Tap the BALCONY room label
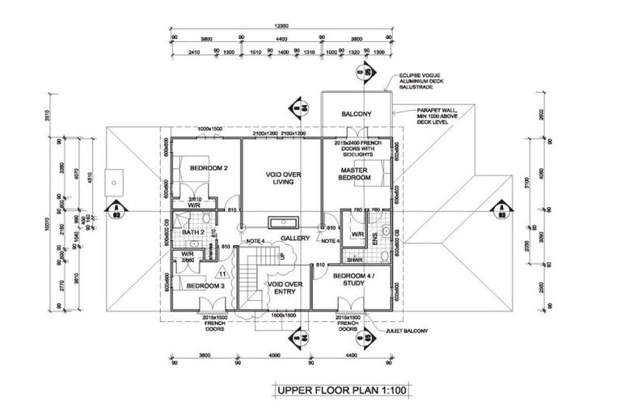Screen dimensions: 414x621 click(x=356, y=115)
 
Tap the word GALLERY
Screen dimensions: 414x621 click(x=296, y=239)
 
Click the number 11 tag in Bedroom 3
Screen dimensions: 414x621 click(x=222, y=276)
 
